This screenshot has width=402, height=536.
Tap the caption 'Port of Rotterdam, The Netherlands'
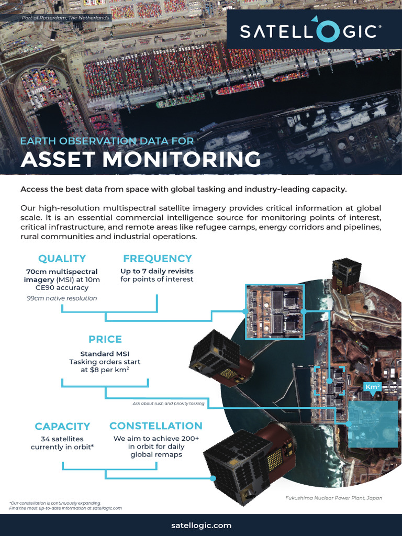(x=65, y=18)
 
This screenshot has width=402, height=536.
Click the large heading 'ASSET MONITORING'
(x=140, y=159)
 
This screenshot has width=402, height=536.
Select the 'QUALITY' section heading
(x=62, y=259)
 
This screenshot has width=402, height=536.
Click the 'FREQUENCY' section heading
(x=157, y=259)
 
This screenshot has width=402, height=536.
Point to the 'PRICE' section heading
(x=105, y=339)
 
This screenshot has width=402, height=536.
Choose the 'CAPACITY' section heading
(x=62, y=427)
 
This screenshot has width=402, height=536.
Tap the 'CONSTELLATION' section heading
(x=155, y=426)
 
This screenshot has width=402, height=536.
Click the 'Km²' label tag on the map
(x=372, y=387)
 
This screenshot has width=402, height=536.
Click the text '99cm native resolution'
(x=62, y=298)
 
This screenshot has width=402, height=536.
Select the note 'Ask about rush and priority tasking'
(x=168, y=404)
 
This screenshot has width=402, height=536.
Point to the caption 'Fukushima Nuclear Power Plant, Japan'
(x=333, y=498)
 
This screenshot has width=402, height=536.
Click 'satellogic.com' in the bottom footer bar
(x=201, y=525)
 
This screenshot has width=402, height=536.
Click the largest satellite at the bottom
(x=249, y=463)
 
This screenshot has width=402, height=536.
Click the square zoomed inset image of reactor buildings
(x=274, y=311)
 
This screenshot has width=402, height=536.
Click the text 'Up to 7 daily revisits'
(x=157, y=271)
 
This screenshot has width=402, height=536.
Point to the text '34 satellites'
(x=62, y=439)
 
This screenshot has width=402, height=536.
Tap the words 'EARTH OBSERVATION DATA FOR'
(x=107, y=141)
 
